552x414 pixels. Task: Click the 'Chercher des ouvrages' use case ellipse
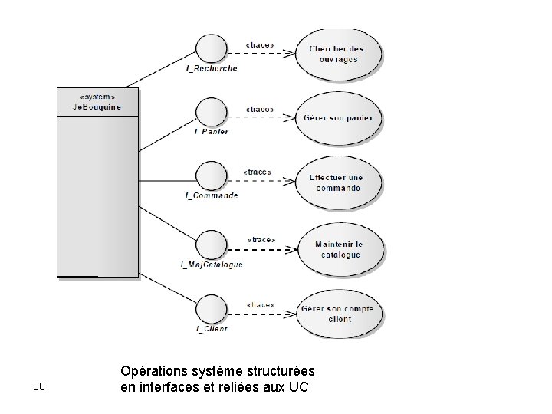pyautogui.click(x=337, y=54)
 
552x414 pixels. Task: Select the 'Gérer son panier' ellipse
pyautogui.click(x=337, y=118)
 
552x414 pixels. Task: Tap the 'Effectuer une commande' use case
pyautogui.click(x=337, y=182)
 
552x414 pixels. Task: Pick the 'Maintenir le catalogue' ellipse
pyautogui.click(x=337, y=249)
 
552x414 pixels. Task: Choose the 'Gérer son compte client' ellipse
pyautogui.click(x=337, y=314)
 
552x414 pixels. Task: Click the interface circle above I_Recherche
pyautogui.click(x=209, y=50)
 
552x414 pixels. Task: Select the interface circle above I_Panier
pyautogui.click(x=209, y=113)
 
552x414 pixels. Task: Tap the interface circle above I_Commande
pyautogui.click(x=209, y=177)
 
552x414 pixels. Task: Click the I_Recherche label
pyautogui.click(x=212, y=68)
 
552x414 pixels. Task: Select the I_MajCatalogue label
pyautogui.click(x=212, y=264)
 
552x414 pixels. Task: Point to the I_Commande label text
pyautogui.click(x=212, y=195)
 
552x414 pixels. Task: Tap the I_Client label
pyautogui.click(x=212, y=329)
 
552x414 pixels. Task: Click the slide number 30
pyautogui.click(x=41, y=386)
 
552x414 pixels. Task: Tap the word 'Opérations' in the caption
pyautogui.click(x=153, y=371)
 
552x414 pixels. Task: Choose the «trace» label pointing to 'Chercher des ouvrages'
pyautogui.click(x=260, y=44)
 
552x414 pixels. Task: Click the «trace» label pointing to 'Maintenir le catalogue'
pyautogui.click(x=261, y=240)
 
